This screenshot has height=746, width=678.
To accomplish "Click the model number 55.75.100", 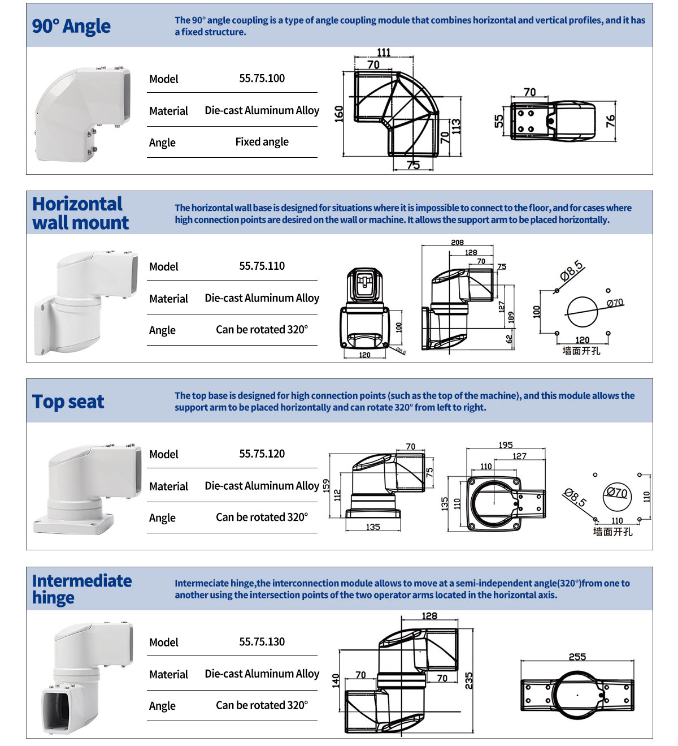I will coord(262,79).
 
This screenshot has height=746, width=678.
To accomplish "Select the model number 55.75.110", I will coord(262,266).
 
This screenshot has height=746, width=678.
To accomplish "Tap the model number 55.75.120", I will coord(262,454).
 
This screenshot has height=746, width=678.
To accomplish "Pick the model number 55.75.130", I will coord(262,642).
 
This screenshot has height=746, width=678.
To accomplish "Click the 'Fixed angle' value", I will coord(262,142).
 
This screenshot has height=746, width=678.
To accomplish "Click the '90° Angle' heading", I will coord(71,27).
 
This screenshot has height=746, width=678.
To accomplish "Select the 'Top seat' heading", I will coord(68,402).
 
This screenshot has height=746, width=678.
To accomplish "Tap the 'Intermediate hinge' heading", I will coord(81,589).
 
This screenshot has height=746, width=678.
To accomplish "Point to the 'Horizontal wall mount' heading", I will coord(80,213).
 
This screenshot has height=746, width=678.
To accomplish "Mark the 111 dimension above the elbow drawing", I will coord(384,53).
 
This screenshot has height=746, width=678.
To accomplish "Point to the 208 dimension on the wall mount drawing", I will coord(458,243).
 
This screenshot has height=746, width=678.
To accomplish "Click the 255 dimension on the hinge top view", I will coord(577,657).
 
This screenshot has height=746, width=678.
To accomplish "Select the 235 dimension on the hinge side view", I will coord(468,680).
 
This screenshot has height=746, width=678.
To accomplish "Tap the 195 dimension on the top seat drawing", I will coord(506,445).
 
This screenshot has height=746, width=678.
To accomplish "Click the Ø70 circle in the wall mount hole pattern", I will coord(581,312).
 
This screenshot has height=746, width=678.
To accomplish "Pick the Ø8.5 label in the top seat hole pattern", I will coord(575,497).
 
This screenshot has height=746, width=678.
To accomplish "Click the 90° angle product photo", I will coord(82,113).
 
